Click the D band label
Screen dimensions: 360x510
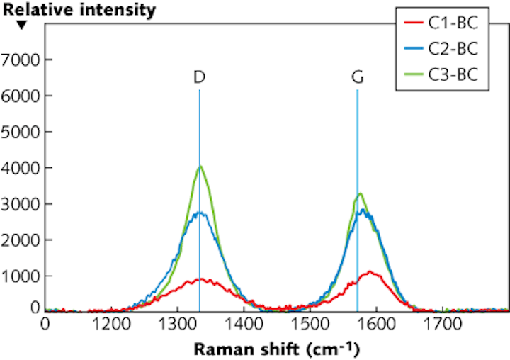(199, 78)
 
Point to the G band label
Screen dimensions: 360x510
(358, 78)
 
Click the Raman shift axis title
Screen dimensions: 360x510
(277, 349)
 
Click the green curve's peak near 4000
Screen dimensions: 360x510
(201, 167)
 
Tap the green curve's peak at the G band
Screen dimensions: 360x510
(361, 193)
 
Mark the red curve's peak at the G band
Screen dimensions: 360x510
(370, 271)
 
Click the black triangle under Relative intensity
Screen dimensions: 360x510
(22, 26)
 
